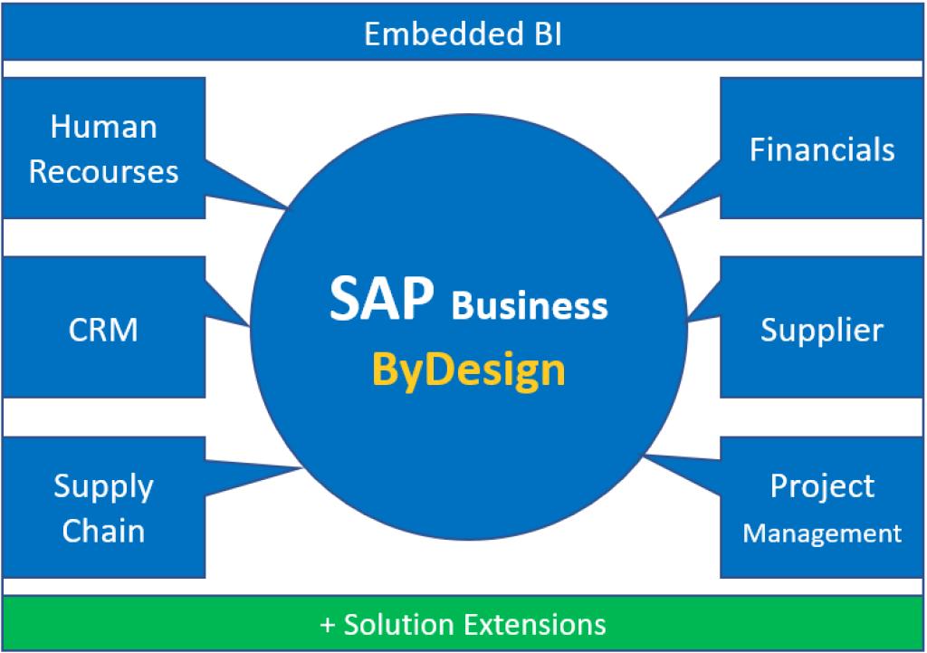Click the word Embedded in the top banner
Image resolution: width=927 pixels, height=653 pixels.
point(444,34)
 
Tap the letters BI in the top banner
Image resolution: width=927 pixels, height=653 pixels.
point(548,34)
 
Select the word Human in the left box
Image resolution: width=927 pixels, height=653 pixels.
point(104,127)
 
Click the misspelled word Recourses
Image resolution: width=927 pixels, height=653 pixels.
point(103,172)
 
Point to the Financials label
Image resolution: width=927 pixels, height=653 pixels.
point(822,149)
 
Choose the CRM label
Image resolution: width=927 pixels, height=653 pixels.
point(103,330)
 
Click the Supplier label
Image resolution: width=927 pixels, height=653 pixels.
point(822,331)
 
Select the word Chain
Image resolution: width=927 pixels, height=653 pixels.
point(103,531)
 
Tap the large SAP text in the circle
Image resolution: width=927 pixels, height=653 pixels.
point(381,299)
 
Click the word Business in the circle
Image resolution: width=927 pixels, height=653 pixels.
point(530,306)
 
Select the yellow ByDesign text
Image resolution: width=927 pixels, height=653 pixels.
point(469,370)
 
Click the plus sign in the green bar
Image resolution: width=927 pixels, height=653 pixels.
point(327,625)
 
